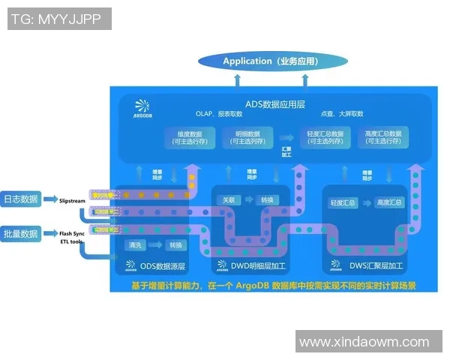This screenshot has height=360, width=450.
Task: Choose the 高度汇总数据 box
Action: pyautogui.click(x=383, y=137)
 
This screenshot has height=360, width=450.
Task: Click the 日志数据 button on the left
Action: pyautogui.click(x=20, y=200)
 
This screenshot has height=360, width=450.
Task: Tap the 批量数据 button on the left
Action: pyautogui.click(x=20, y=234)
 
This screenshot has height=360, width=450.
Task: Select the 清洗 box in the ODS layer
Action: pyautogui.click(x=136, y=245)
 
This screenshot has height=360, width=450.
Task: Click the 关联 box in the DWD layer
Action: pyautogui.click(x=229, y=200)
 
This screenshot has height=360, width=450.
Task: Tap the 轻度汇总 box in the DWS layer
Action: pyautogui.click(x=343, y=203)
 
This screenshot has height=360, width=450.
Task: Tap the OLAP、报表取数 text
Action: pyautogui.click(x=219, y=114)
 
